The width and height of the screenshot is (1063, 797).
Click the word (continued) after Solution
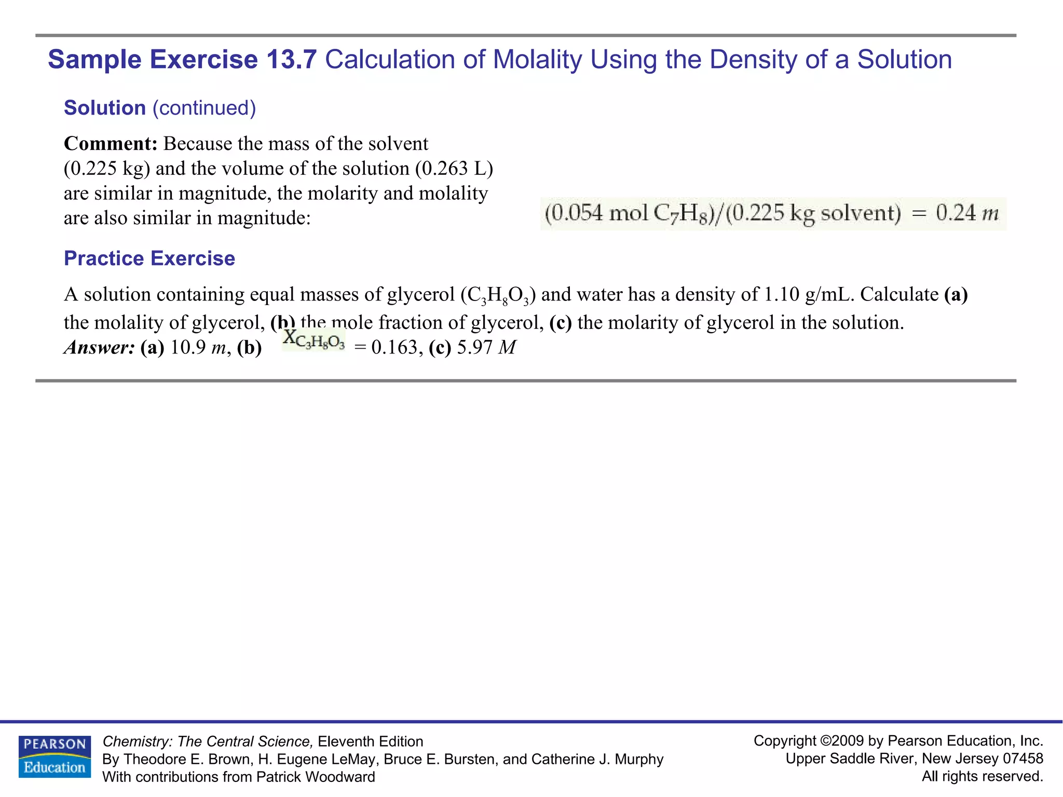(x=204, y=108)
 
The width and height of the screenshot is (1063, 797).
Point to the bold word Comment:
(x=111, y=144)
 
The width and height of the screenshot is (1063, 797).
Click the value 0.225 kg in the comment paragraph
(x=107, y=169)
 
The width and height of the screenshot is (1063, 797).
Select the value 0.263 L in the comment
(x=457, y=169)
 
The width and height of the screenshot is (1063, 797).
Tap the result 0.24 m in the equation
(x=967, y=213)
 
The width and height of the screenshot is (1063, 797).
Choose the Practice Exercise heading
(x=149, y=258)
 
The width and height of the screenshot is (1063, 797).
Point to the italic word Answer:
(x=99, y=348)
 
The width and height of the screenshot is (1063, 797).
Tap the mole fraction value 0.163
(x=394, y=348)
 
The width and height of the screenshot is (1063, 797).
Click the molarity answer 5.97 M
(x=486, y=348)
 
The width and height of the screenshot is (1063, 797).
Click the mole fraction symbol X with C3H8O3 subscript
(x=314, y=340)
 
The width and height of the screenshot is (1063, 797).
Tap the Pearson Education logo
(x=54, y=757)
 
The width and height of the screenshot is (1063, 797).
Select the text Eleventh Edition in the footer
(x=371, y=741)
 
